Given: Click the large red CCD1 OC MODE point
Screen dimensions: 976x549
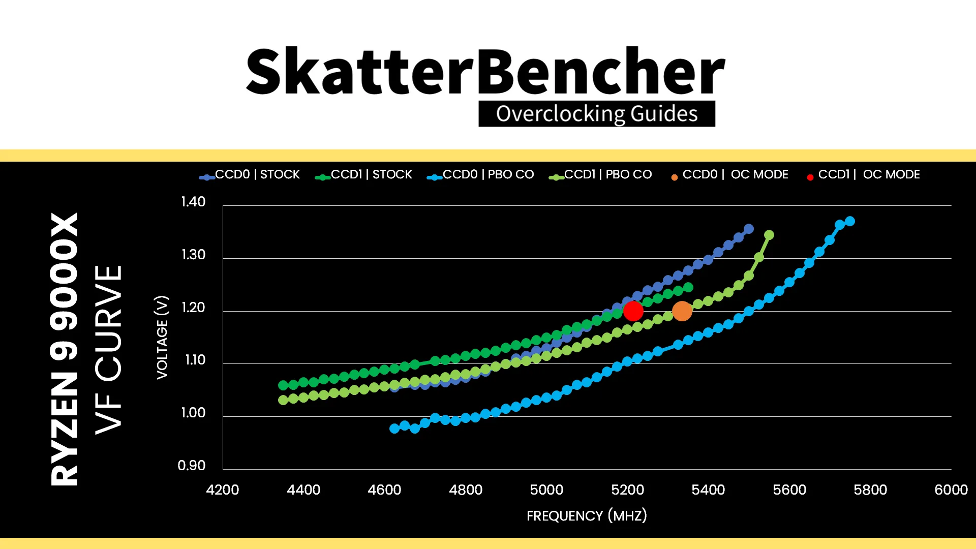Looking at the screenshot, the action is click(x=633, y=311).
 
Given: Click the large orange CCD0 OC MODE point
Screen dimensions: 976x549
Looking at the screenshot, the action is click(x=682, y=311).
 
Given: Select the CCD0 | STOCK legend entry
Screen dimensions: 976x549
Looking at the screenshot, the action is click(x=250, y=174).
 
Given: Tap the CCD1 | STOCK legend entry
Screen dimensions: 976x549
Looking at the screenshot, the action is click(x=363, y=174).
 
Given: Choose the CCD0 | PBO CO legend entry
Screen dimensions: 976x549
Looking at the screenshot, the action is click(x=480, y=174).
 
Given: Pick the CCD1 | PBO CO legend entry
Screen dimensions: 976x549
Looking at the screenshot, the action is click(x=600, y=174).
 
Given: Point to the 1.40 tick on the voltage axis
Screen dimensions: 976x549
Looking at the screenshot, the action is click(x=193, y=202).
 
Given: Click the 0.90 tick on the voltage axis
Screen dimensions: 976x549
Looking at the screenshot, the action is click(x=192, y=465).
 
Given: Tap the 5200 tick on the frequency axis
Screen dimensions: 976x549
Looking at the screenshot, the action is click(x=627, y=490).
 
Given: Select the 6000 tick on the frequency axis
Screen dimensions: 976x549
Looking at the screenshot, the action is click(x=951, y=490).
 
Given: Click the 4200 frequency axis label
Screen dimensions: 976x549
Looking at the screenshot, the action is click(x=222, y=490).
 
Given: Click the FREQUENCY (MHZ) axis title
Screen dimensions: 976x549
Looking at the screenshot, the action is click(x=587, y=515).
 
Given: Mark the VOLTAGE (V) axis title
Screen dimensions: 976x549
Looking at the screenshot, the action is click(x=162, y=337).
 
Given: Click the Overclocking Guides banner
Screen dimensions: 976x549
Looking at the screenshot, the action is click(x=597, y=113).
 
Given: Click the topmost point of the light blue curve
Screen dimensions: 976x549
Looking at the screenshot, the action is click(x=849, y=221).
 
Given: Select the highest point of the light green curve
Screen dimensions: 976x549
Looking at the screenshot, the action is click(x=769, y=235).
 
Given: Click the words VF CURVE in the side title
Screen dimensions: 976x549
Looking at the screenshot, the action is click(x=108, y=350).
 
